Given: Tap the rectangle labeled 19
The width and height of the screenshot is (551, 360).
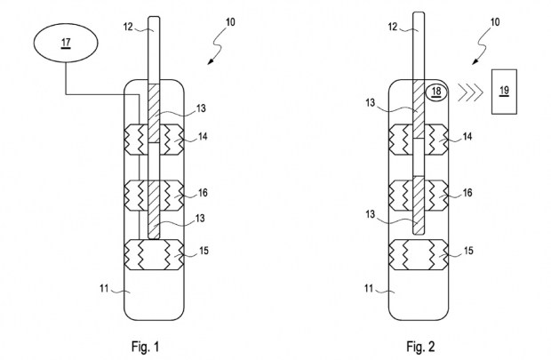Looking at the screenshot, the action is [x=504, y=92].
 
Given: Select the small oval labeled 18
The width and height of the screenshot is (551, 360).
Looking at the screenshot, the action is [x=436, y=92].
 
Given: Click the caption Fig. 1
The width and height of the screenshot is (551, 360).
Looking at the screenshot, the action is [x=146, y=347].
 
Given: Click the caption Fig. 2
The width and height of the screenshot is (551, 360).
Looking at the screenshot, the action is [x=420, y=347].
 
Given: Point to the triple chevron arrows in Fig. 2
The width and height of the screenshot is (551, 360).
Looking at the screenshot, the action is [x=469, y=92].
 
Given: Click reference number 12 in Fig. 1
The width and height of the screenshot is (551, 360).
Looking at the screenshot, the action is [x=128, y=27].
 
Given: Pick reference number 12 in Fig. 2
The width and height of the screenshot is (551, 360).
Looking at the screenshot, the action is [x=393, y=27].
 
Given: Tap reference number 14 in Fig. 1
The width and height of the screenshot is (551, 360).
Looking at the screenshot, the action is [x=203, y=136].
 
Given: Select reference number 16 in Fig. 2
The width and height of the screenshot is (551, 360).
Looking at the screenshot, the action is [x=467, y=193].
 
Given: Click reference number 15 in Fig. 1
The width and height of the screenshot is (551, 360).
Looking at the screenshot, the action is [x=204, y=251].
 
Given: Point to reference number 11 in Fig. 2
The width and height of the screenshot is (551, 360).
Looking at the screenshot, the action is [x=369, y=289].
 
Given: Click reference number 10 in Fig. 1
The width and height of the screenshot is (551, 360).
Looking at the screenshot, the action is [x=230, y=22].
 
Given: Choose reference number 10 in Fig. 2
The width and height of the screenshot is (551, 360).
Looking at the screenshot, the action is [x=495, y=22].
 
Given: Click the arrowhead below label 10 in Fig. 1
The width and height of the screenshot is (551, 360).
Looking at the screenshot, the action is [x=210, y=61].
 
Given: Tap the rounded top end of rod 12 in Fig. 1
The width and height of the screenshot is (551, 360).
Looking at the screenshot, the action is [x=154, y=18].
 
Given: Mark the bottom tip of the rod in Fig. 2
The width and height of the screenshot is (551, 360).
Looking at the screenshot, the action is [x=419, y=234].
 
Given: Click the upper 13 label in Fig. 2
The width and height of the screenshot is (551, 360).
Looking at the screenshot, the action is [x=371, y=102].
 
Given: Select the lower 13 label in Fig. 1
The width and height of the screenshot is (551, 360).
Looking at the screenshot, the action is [x=200, y=219].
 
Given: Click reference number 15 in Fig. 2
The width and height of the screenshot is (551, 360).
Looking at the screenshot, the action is [x=468, y=251].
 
